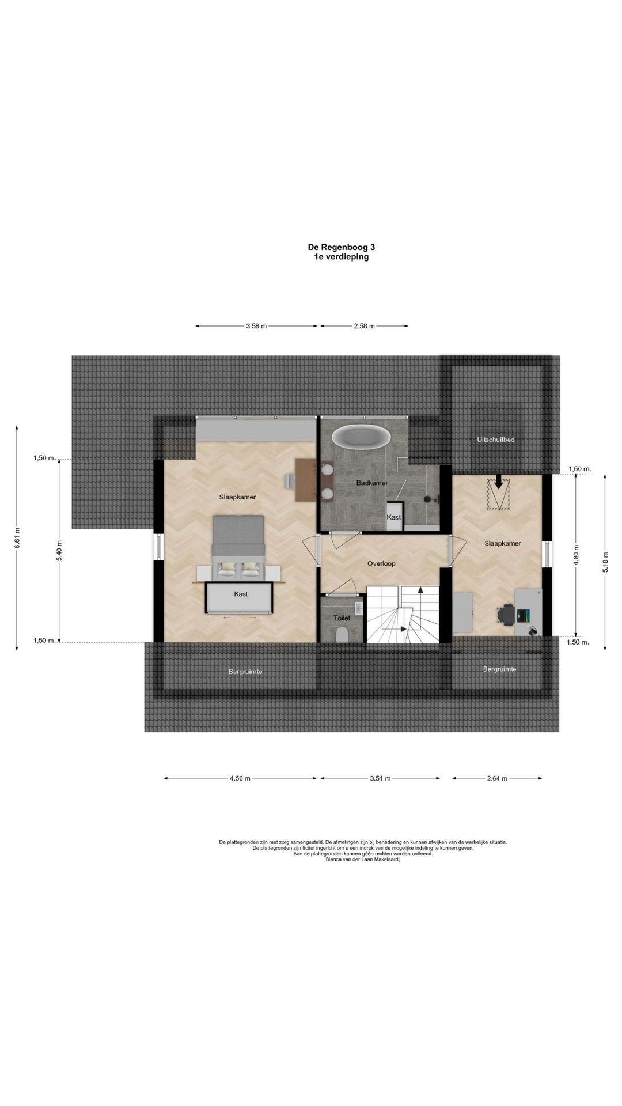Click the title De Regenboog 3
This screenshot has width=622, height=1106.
[x=337, y=247]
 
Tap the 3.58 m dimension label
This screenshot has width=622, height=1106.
[x=256, y=326]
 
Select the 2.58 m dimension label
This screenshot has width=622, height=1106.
[x=364, y=326]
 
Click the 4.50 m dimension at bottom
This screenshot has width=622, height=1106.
[x=240, y=778]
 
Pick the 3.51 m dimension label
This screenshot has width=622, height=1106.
[x=380, y=778]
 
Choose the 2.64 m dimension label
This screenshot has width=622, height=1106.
[x=497, y=778]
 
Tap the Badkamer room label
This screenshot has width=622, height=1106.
[x=372, y=483]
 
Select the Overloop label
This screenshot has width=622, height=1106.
[x=381, y=563]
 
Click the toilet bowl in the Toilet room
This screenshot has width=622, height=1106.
[x=342, y=635]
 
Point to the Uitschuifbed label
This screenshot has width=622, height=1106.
[x=495, y=440]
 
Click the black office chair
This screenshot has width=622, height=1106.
[x=506, y=613]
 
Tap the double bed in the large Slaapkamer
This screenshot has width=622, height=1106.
[x=238, y=547]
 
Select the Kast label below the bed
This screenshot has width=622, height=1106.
[x=241, y=594]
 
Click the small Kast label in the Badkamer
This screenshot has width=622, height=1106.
[x=394, y=517]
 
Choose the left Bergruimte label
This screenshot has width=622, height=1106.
[x=245, y=672]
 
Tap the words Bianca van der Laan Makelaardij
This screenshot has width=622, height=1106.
[x=362, y=859]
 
